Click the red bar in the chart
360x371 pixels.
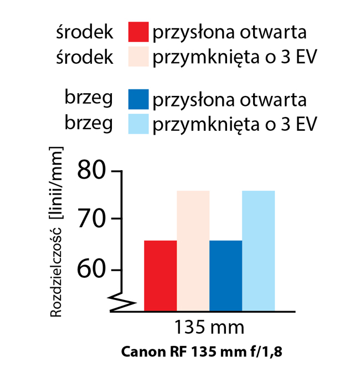click(160, 275)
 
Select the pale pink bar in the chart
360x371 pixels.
click(193, 250)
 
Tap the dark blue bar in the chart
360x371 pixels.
click(225, 275)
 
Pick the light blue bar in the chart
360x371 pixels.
click(258, 250)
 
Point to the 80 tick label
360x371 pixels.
click(91, 169)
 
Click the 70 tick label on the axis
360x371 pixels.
click(91, 218)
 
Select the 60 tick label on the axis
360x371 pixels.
click(91, 270)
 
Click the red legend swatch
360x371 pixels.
click(138, 32)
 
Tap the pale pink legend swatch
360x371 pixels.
click(138, 57)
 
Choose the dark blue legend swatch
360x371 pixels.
click(138, 99)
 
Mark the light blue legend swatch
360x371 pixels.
click(138, 124)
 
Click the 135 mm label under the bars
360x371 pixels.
click(209, 327)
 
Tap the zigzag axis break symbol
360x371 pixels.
click(123, 304)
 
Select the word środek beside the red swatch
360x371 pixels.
click(85, 32)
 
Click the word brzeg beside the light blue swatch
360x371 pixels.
click(89, 124)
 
